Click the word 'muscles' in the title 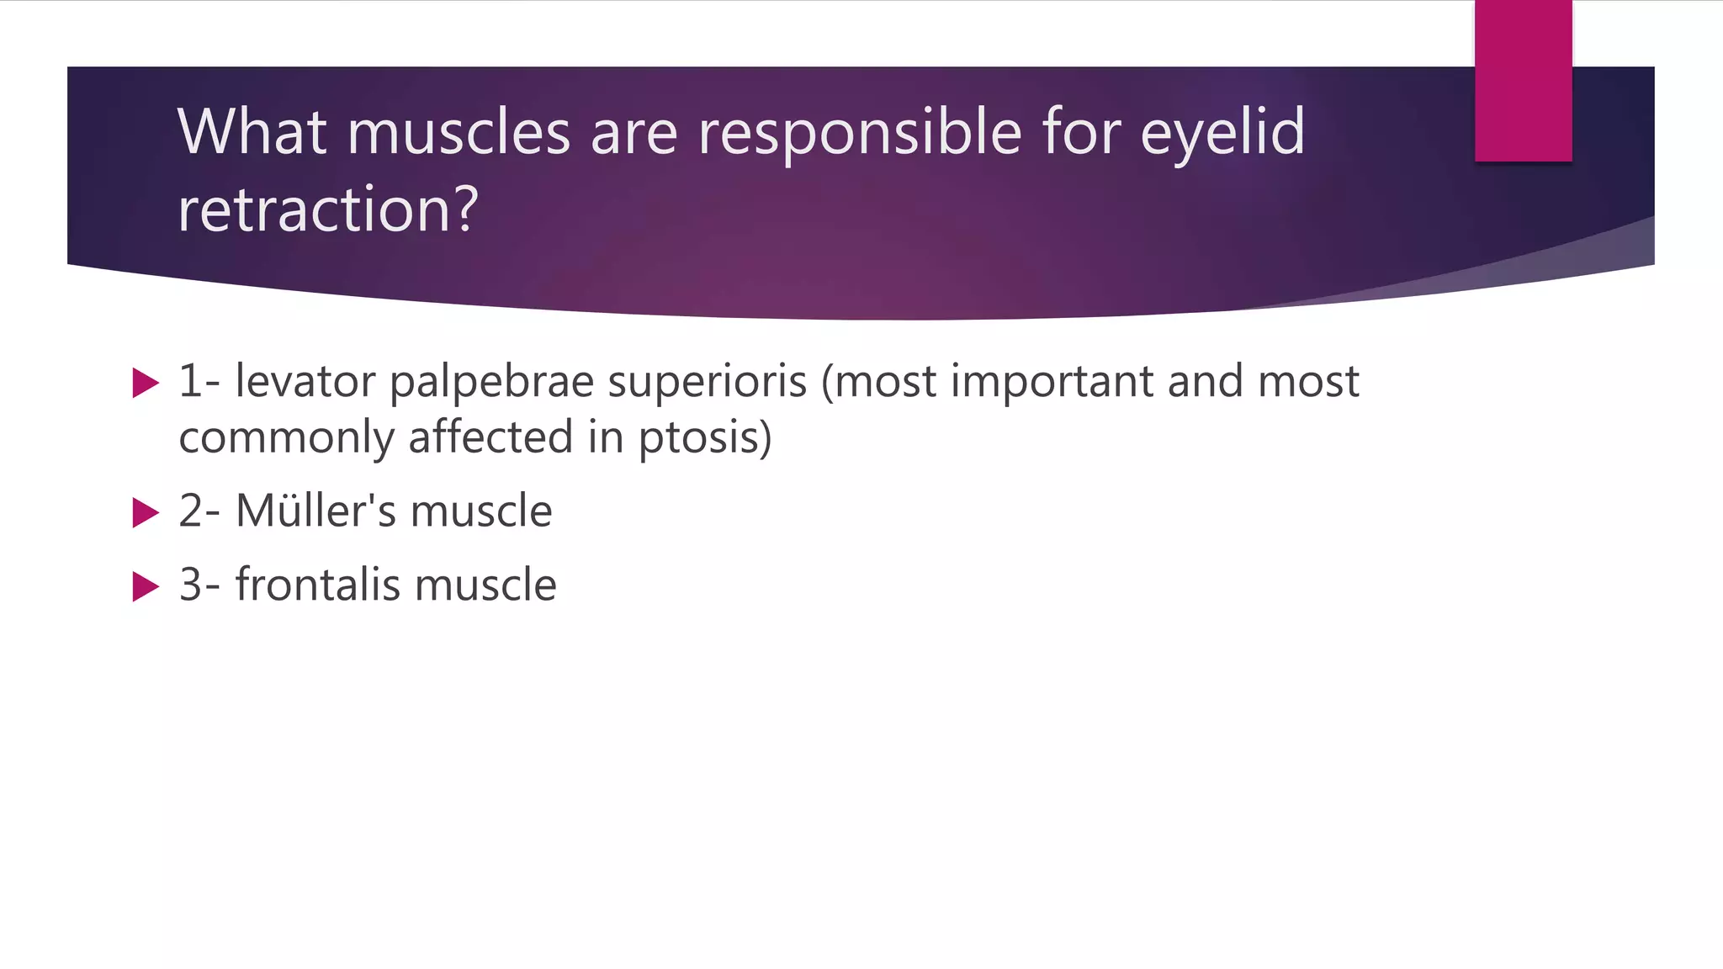point(459,133)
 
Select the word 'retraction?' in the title point(328,209)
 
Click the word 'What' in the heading point(252,133)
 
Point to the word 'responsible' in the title point(860,133)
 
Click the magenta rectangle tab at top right point(1523,81)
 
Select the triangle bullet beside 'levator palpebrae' point(146,384)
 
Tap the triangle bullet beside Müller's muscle point(146,512)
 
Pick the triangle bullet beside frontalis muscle point(146,586)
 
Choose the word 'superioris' point(707,383)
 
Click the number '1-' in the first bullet point(199,382)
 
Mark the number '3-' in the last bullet point(199,585)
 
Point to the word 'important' point(1052,383)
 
